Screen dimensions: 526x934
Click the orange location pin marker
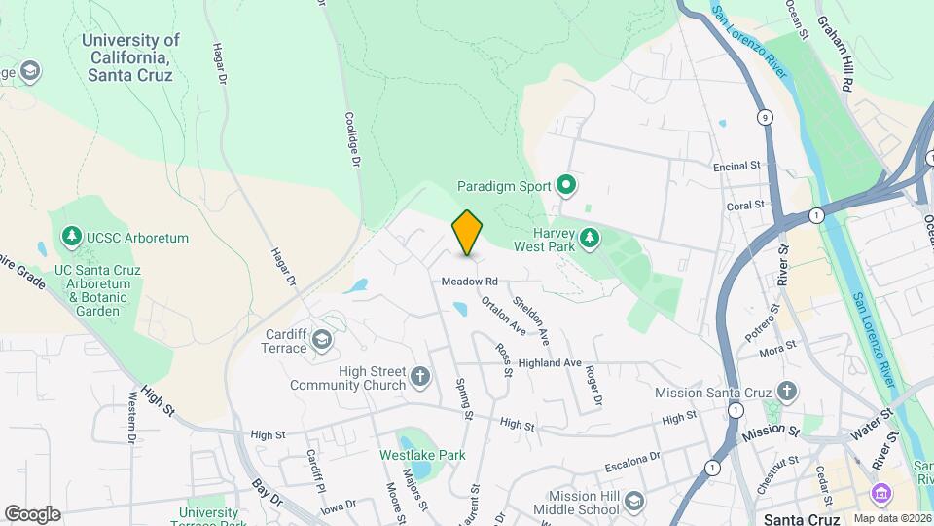tap(468, 233)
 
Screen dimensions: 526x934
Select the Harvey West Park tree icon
tap(589, 238)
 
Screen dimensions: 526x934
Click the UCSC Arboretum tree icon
tap(71, 237)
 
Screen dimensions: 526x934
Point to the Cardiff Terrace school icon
tap(321, 340)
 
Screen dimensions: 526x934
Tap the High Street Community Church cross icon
tap(419, 376)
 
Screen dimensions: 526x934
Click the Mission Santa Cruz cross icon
tap(787, 393)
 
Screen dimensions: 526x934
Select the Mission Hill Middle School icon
tap(633, 501)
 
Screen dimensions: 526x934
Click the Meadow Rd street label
tap(469, 282)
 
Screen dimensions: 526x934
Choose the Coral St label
tap(745, 207)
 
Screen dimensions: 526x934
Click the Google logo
tap(32, 513)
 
